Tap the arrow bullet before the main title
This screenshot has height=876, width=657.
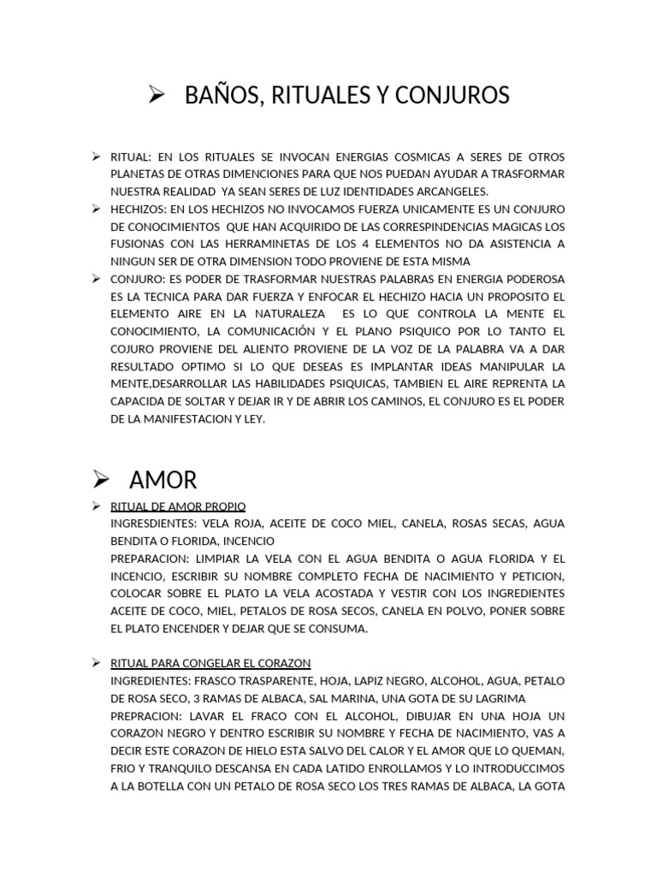pyautogui.click(x=156, y=95)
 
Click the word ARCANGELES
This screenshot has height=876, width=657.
pyautogui.click(x=449, y=191)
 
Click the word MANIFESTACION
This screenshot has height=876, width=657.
pyautogui.click(x=185, y=418)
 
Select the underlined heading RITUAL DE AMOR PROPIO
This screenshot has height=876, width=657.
pyautogui.click(x=178, y=506)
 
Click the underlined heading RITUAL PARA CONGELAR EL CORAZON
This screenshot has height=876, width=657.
pyautogui.click(x=210, y=663)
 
